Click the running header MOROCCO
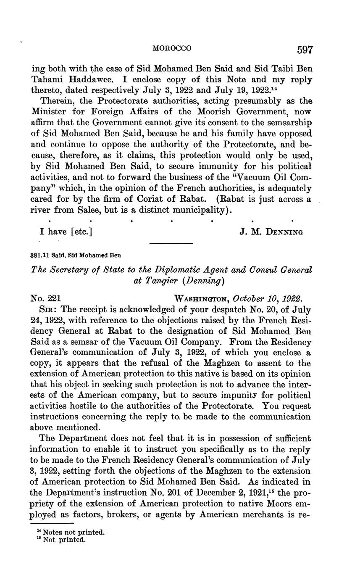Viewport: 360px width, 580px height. (171, 49)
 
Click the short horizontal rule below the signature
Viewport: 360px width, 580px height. (171, 244)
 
